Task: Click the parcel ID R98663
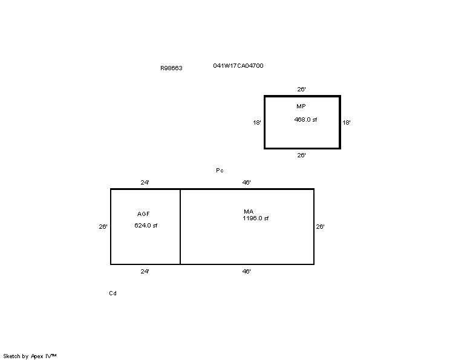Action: pyautogui.click(x=171, y=68)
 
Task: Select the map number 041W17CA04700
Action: pyautogui.click(x=238, y=66)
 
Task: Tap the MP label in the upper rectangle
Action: pyautogui.click(x=301, y=106)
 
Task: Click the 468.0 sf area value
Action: pyautogui.click(x=305, y=119)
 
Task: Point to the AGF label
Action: pyautogui.click(x=143, y=214)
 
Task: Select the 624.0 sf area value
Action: pyautogui.click(x=146, y=225)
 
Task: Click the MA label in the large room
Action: pyautogui.click(x=249, y=212)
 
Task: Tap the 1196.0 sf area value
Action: pyautogui.click(x=256, y=218)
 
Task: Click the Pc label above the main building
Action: pyautogui.click(x=220, y=171)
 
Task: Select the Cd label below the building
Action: pyautogui.click(x=112, y=293)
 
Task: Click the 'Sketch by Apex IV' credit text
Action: pyautogui.click(x=30, y=356)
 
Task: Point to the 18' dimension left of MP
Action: pyautogui.click(x=257, y=123)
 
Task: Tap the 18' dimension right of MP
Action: pyautogui.click(x=347, y=123)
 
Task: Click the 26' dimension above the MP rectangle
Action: pyautogui.click(x=301, y=90)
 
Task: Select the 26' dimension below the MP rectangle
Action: pyautogui.click(x=301, y=155)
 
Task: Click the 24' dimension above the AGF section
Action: pyautogui.click(x=145, y=183)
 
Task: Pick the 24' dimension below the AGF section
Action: pyautogui.click(x=145, y=271)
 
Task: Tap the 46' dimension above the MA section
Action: pyautogui.click(x=247, y=183)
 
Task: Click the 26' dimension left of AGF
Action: pyautogui.click(x=103, y=226)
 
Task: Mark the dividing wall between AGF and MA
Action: pyautogui.click(x=180, y=226)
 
